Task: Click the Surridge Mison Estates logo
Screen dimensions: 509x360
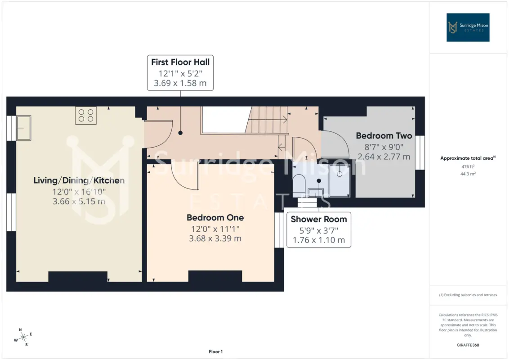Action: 468,27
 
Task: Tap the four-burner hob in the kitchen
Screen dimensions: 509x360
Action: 86,116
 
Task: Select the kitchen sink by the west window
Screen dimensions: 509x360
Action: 23,128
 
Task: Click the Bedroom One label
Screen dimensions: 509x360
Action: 215,217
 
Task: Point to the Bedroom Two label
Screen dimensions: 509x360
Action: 384,135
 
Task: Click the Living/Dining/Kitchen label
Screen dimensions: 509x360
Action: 79,180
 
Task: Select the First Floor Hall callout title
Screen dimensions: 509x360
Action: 180,62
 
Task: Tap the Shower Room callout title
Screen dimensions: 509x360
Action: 319,219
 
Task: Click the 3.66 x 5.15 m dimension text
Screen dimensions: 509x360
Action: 79,202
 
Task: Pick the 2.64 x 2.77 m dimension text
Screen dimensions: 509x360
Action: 384,157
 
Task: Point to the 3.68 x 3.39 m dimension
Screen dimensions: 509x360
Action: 215,238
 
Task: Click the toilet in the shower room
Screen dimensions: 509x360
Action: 299,186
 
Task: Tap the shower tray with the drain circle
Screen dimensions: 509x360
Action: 339,180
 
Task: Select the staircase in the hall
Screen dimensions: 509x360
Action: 267,120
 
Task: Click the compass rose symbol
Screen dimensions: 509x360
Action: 23,337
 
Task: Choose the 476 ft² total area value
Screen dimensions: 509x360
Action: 468,166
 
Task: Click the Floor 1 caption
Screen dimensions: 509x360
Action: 215,351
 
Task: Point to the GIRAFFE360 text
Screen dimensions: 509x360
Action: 468,345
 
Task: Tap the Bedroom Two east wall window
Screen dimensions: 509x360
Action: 420,153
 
